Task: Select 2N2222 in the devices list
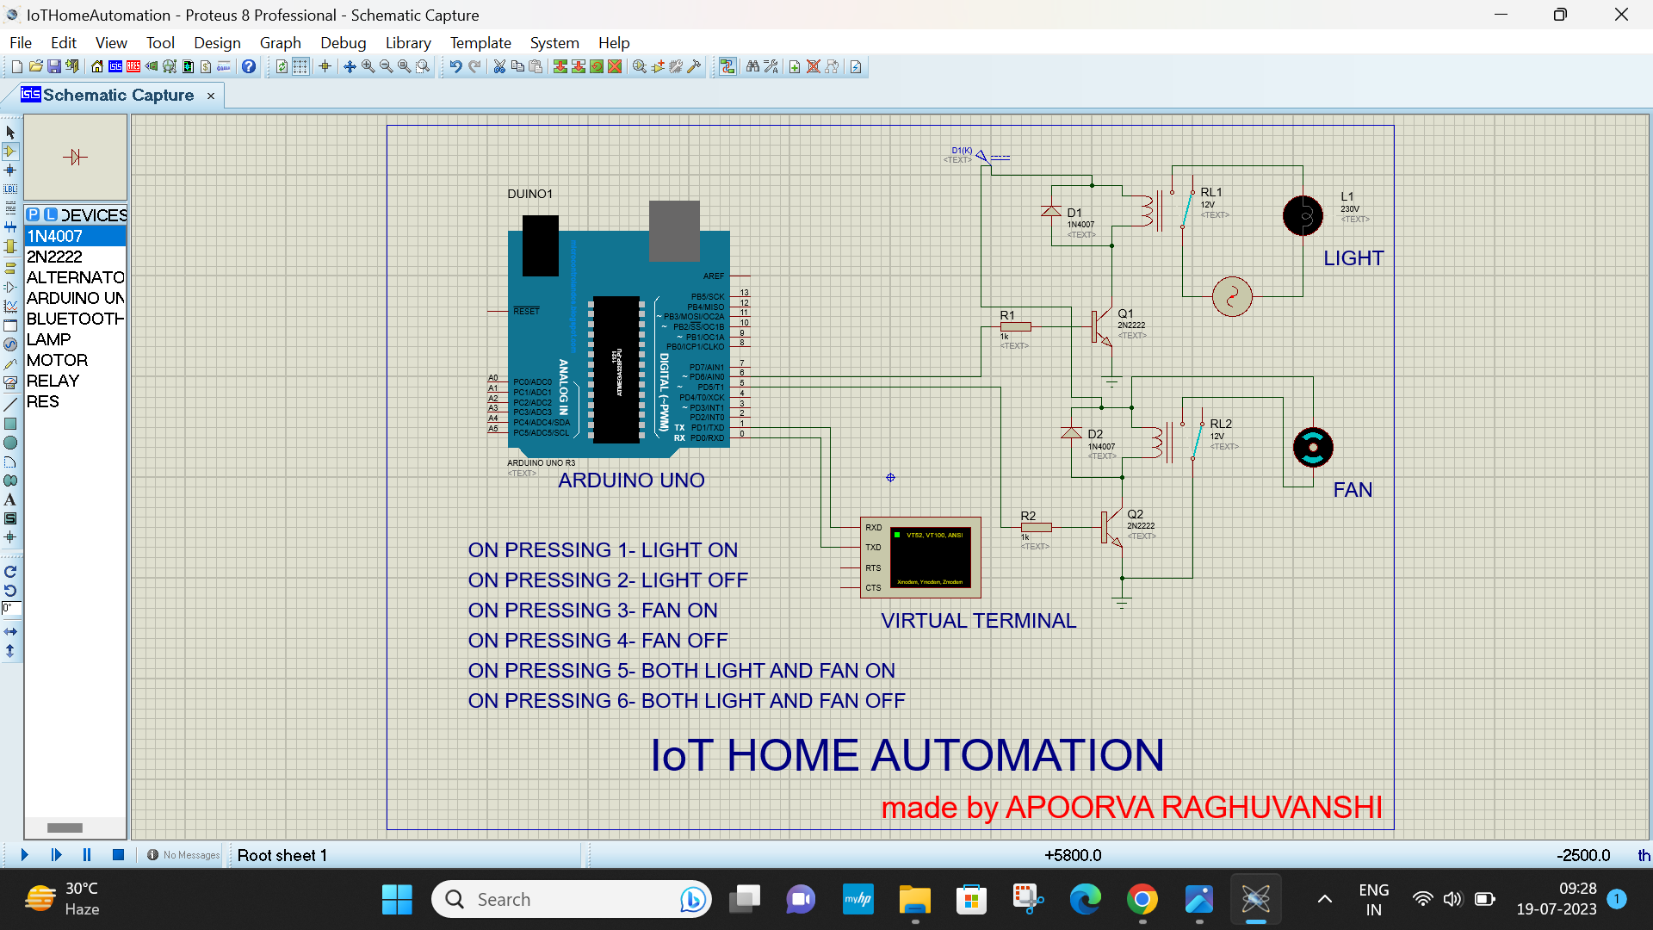pos(54,257)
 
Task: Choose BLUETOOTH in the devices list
pos(75,319)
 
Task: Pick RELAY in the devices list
pos(53,381)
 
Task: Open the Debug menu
pos(343,43)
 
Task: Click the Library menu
pos(408,43)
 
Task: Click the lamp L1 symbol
pos(1303,215)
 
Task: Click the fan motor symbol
pos(1313,447)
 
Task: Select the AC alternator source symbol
pos(1232,297)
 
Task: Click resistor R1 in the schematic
pos(1016,326)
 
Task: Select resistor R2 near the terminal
pos(1036,527)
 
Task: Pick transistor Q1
pos(1101,327)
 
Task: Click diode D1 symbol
pos(1051,212)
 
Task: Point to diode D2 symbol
pos(1071,433)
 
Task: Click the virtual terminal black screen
pos(931,558)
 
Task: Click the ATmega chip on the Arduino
pos(616,369)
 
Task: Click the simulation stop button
pos(119,855)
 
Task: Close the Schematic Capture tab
pos(211,96)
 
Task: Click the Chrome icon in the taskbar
pos(1142,900)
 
